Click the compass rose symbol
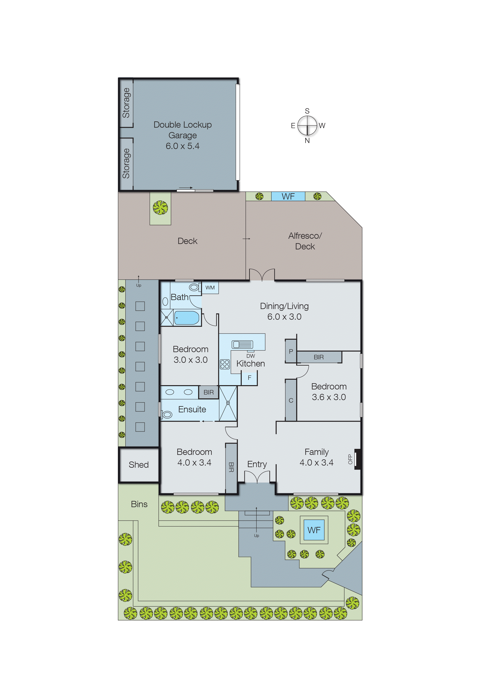click(307, 125)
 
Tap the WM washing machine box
click(210, 288)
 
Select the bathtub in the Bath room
click(187, 318)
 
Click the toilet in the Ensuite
click(167, 414)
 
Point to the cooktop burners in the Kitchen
click(225, 364)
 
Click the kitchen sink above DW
click(242, 344)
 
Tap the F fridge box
click(249, 378)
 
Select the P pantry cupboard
click(291, 351)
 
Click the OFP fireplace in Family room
click(357, 459)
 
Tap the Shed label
click(139, 465)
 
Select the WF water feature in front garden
click(314, 530)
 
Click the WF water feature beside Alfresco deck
click(288, 196)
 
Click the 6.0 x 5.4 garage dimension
click(183, 146)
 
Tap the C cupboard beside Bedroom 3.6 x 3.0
click(291, 400)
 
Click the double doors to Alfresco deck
click(262, 275)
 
